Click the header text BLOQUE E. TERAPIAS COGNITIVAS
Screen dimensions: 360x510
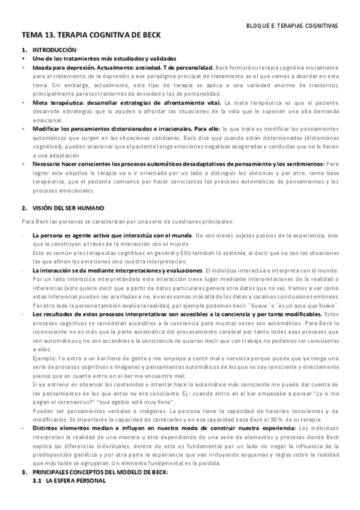pyautogui.click(x=293, y=26)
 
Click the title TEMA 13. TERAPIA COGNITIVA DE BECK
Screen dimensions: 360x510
pyautogui.click(x=91, y=37)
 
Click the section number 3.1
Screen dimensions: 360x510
pyautogui.click(x=37, y=482)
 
